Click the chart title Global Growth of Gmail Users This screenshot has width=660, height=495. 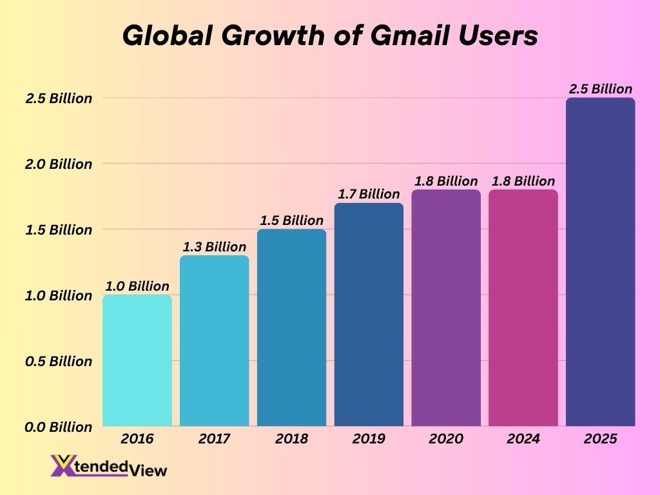tap(329, 36)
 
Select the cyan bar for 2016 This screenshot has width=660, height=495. tap(137, 361)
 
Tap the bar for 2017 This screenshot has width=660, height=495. tap(214, 341)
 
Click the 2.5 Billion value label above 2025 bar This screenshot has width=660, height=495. tap(600, 89)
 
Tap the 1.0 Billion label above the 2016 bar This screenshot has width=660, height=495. tap(137, 286)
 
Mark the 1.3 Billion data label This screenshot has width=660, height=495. tap(214, 247)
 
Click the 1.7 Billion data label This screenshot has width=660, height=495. tap(369, 194)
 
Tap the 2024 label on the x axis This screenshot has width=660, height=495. tap(523, 439)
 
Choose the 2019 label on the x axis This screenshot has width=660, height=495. tap(369, 439)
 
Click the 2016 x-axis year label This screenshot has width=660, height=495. tap(137, 439)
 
